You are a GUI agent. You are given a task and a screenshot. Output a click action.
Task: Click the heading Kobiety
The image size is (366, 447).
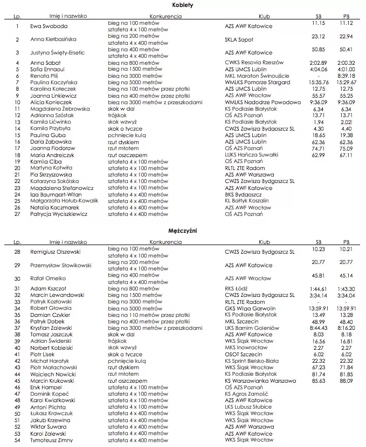point(183,5)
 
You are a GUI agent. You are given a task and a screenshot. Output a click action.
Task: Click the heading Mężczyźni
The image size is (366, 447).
point(183,230)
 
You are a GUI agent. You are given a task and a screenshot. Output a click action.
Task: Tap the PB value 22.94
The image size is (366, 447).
point(346,36)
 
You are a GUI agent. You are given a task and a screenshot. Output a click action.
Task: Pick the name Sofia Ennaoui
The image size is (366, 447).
point(48,70)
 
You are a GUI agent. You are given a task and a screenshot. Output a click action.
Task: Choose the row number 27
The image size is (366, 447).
point(17,214)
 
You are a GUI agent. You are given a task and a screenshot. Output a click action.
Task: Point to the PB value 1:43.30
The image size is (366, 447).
point(346,289)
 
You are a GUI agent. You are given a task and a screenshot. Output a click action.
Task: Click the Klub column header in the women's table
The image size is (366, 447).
point(264,16)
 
